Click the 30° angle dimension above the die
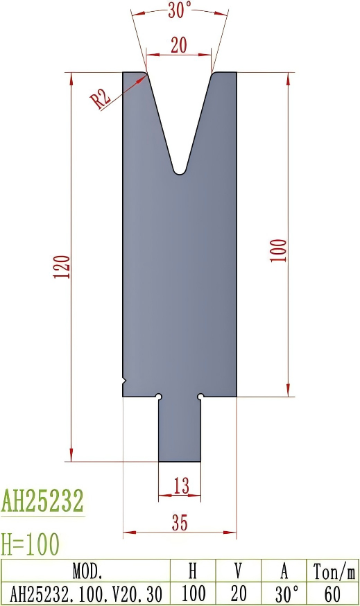179,9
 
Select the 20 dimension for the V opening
179,45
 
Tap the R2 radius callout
101,98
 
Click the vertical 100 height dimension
278,250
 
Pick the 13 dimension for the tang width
180,487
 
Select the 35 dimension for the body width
179,523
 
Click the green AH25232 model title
42,501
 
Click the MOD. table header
87,571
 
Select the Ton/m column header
334,571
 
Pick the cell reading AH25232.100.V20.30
87,594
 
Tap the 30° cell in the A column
284,594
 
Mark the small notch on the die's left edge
125,381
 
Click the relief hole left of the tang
159,397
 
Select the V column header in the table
238,571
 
